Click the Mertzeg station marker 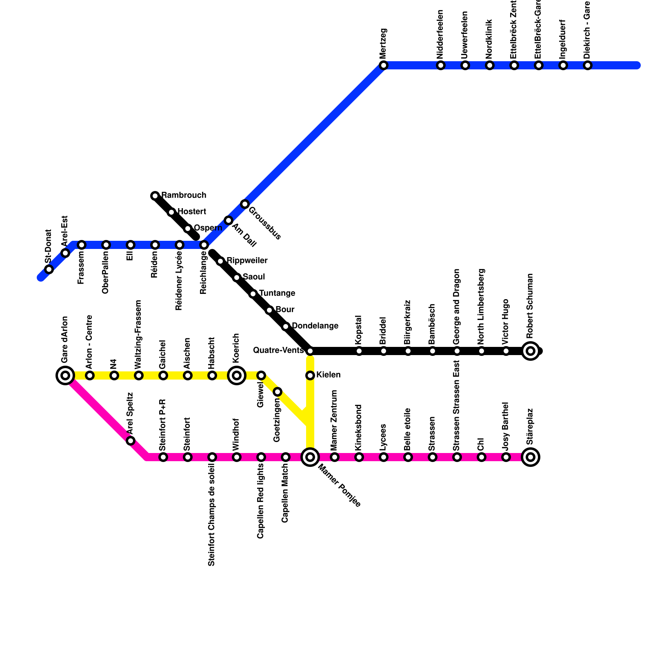pos(383,65)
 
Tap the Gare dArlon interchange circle pos(65,375)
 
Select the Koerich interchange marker pos(237,375)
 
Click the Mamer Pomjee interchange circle pos(310,457)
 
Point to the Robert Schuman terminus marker pos(531,351)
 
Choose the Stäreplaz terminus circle pos(531,457)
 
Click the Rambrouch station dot pos(155,196)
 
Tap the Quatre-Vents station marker pos(310,351)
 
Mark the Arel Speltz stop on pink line pos(131,441)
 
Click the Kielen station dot pos(310,375)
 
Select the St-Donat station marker pos(49,269)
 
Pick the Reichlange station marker pos(204,245)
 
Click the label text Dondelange pos(315,326)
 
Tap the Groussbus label pos(264,224)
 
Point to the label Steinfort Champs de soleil pos(211,515)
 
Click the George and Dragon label pos(457,306)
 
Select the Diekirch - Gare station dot pos(588,65)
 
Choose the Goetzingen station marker pos(278,392)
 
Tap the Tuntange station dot pos(253,294)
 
